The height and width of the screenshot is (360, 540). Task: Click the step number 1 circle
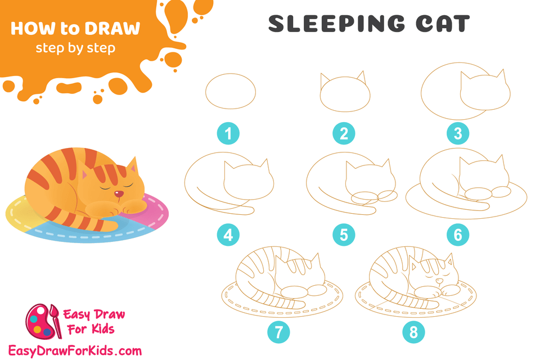tap(228, 133)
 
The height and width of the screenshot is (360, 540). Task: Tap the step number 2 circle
tap(344, 133)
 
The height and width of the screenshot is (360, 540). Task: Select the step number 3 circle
tap(457, 133)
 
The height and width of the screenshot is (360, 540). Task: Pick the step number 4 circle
tap(228, 235)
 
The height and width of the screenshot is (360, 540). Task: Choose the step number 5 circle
tap(344, 235)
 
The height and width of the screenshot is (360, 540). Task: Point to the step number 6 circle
tap(457, 235)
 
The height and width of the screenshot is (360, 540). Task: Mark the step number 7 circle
tap(279, 332)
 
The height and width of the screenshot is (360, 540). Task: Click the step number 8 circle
tap(413, 332)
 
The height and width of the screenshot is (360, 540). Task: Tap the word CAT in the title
tap(441, 24)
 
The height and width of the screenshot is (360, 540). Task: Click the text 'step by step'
tap(75, 48)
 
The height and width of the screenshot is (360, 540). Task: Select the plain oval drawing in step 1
tap(231, 92)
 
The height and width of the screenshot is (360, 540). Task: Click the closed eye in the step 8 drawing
tap(430, 278)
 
